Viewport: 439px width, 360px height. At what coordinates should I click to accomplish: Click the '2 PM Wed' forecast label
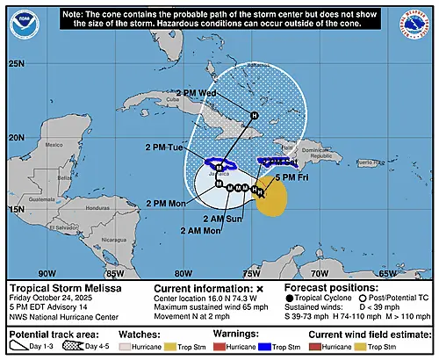pos(195,92)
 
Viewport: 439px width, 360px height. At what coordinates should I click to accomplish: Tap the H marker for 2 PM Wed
pos(255,115)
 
